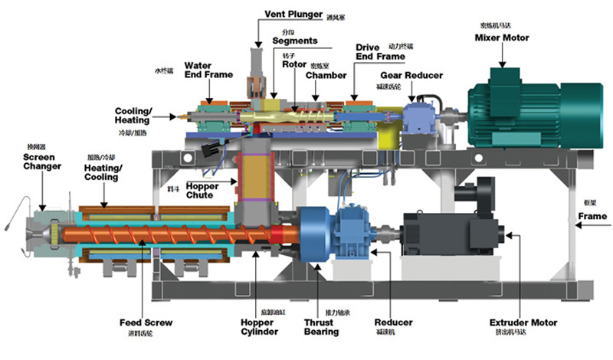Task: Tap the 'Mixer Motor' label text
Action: point(502,38)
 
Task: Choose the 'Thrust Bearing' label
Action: point(320,327)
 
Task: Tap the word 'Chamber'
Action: point(326,75)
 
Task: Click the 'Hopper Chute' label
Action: point(203,190)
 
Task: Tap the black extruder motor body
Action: point(448,230)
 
